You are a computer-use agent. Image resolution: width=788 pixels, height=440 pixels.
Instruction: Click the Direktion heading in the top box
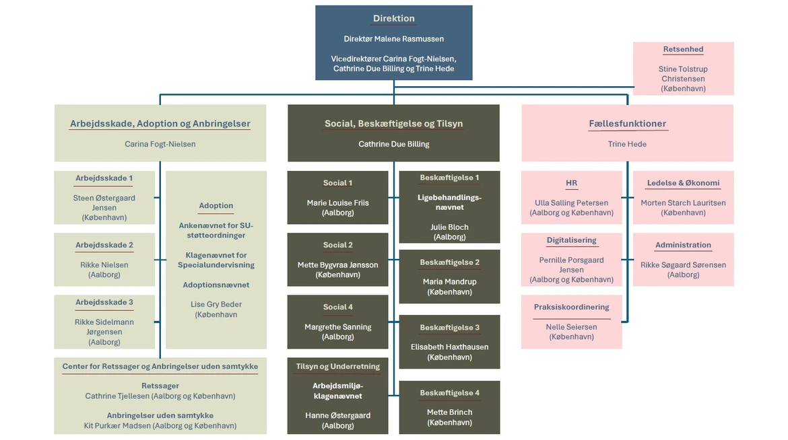pos(394,19)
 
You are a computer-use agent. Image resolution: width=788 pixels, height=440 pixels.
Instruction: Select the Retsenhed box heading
pos(683,50)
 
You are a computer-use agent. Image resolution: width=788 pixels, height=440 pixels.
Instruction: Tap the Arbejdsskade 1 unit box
pos(104,198)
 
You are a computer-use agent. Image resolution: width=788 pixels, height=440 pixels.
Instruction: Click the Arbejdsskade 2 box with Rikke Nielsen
pos(104,260)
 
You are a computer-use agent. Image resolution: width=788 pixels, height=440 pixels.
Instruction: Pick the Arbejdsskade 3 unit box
pos(104,322)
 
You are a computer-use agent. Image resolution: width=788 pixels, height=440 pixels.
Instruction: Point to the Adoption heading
pos(216,206)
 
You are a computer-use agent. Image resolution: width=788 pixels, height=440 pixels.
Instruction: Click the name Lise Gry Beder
pos(216,305)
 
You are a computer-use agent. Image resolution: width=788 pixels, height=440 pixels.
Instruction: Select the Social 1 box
pos(337,198)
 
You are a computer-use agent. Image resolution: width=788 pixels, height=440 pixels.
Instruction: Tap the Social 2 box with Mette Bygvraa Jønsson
pos(337,260)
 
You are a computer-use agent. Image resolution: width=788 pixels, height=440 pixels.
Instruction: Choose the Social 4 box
pos(337,322)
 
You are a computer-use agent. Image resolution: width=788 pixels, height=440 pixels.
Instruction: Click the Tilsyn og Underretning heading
pos(337,367)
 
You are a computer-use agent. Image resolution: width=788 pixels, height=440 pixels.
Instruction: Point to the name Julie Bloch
pos(449,227)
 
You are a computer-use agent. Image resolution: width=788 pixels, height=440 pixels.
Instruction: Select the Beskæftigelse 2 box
pos(449,277)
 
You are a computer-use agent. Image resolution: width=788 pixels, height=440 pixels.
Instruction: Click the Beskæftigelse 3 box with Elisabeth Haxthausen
pos(449,342)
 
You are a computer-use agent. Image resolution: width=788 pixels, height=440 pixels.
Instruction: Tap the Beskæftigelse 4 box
pos(449,407)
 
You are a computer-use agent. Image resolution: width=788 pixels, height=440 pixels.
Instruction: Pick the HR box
pos(571,198)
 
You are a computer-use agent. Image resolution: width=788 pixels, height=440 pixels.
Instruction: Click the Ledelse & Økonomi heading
pos(683,183)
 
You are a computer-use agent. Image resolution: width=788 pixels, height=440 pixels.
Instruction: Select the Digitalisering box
pos(571,260)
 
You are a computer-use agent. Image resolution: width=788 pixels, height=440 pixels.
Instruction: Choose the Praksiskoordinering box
pos(571,322)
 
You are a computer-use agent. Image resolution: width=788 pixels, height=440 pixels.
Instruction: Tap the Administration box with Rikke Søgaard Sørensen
pos(683,260)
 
